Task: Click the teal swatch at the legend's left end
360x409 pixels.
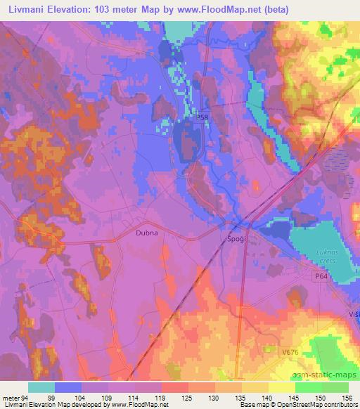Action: point(41,387)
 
